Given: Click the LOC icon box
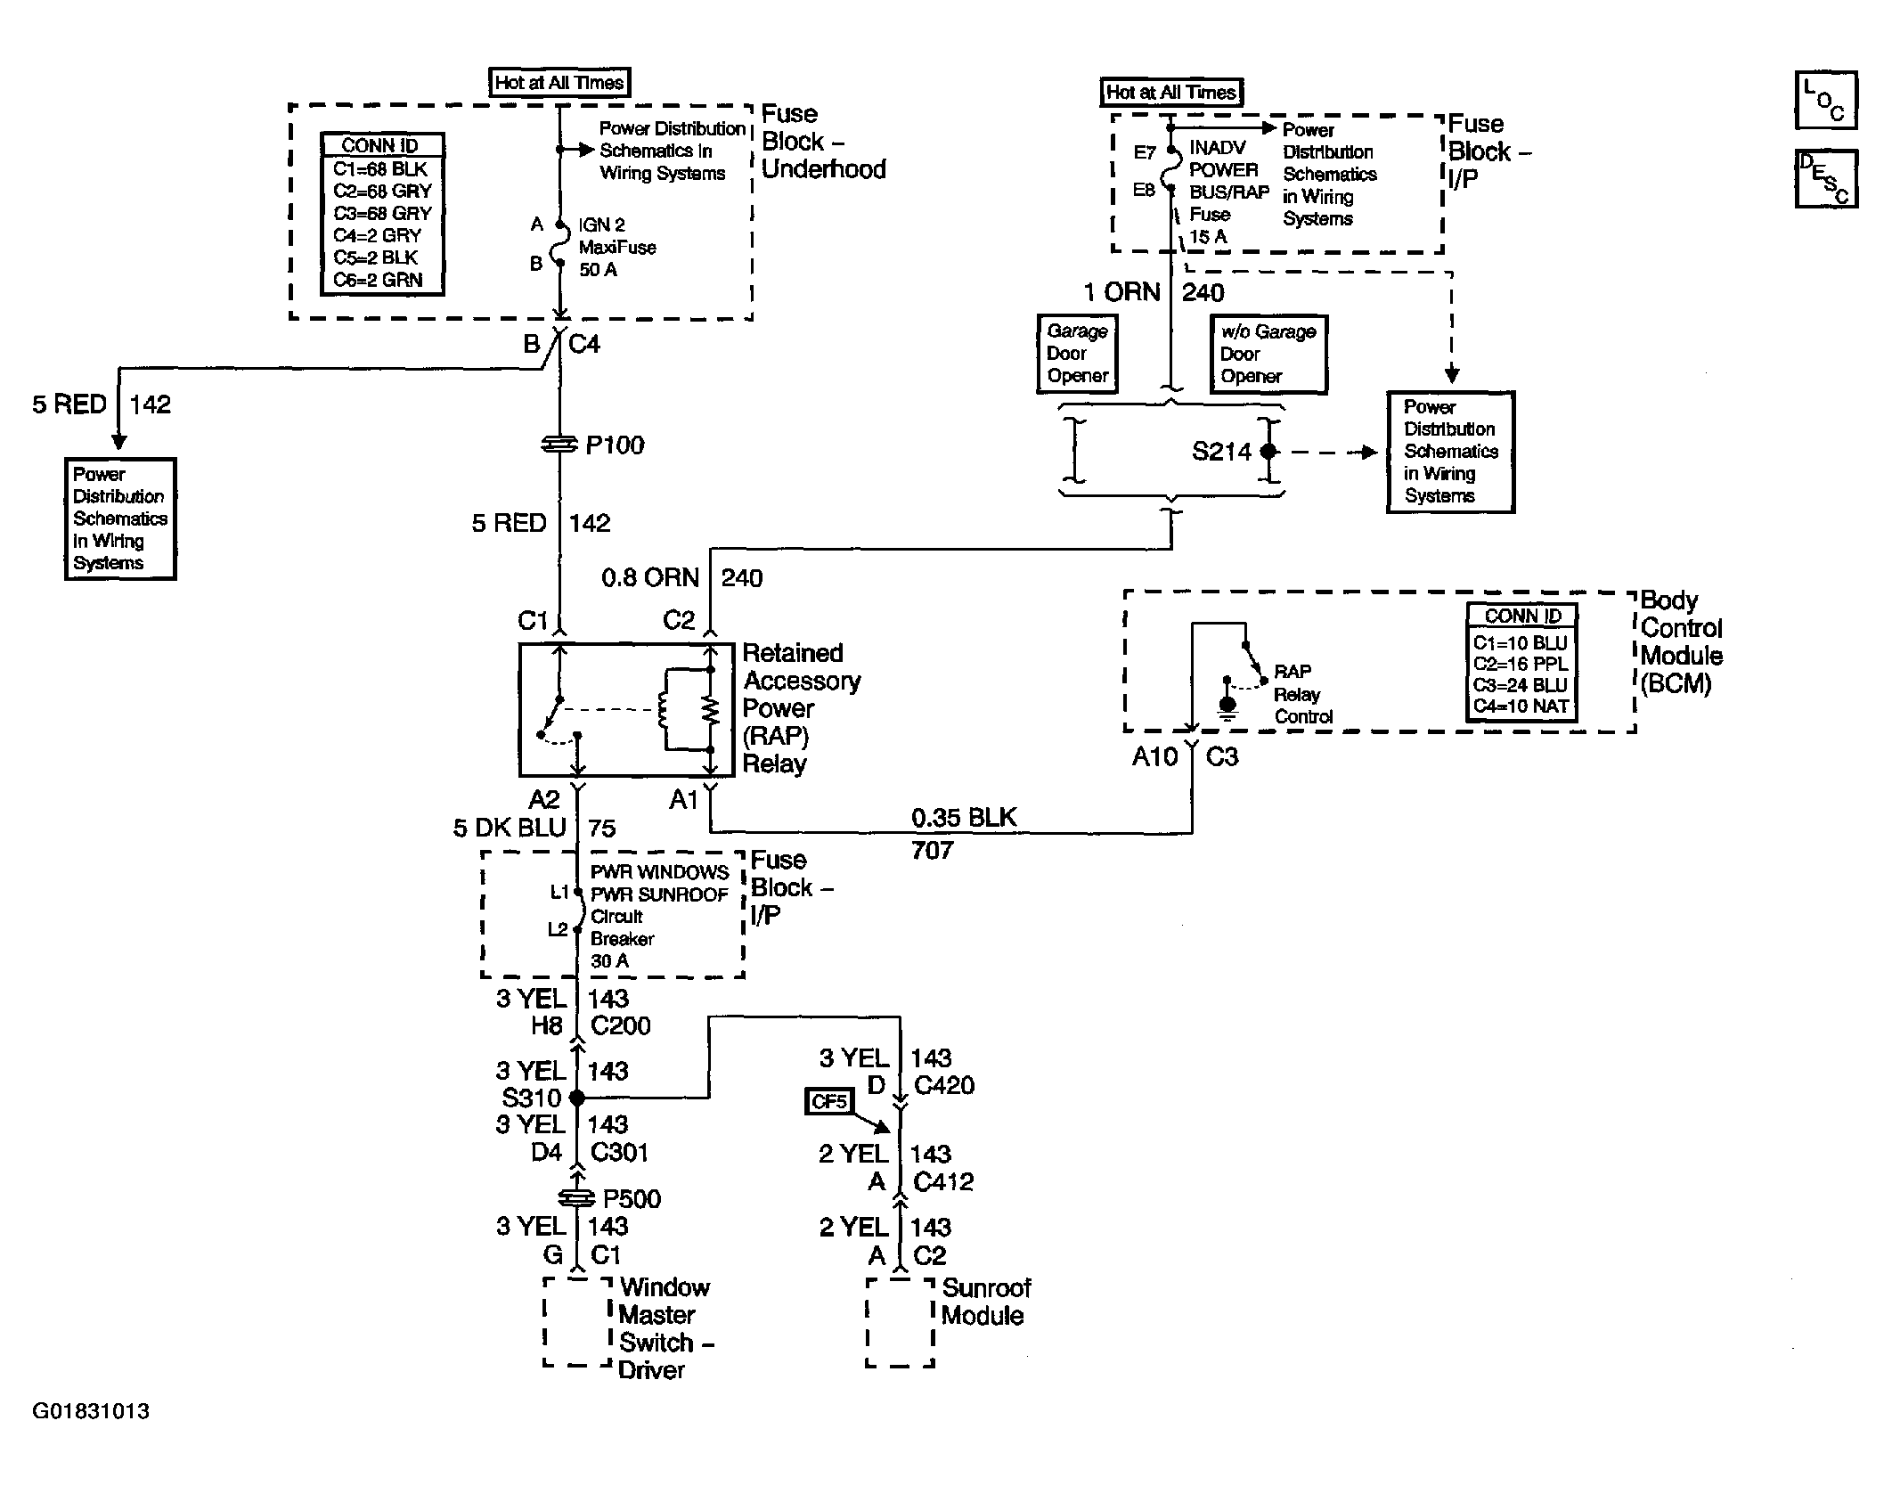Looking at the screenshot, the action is pyautogui.click(x=1825, y=101).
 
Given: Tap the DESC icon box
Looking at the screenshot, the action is pyautogui.click(x=1825, y=178).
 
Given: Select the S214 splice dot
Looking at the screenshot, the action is pyautogui.click(x=1268, y=453).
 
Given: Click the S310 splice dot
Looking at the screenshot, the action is pyautogui.click(x=577, y=1098).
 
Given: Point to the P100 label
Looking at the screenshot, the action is pyautogui.click(x=615, y=445).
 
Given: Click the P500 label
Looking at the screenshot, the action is pyautogui.click(x=632, y=1199).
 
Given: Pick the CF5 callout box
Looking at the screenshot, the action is pyautogui.click(x=828, y=1102).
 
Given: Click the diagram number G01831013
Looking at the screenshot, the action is pyautogui.click(x=91, y=1411).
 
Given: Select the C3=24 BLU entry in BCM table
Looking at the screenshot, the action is pyautogui.click(x=1520, y=685).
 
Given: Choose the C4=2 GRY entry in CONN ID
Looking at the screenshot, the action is pyautogui.click(x=377, y=235).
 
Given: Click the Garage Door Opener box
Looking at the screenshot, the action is pyautogui.click(x=1077, y=354).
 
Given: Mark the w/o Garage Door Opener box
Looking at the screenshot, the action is pyautogui.click(x=1268, y=354).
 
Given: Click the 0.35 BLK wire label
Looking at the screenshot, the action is pyautogui.click(x=964, y=818).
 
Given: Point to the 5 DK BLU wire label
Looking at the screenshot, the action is pyautogui.click(x=510, y=829).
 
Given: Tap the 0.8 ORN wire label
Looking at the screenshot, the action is pyautogui.click(x=650, y=578).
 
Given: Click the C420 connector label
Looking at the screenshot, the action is pyautogui.click(x=944, y=1086).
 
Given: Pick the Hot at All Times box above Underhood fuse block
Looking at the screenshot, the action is pyautogui.click(x=560, y=83).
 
